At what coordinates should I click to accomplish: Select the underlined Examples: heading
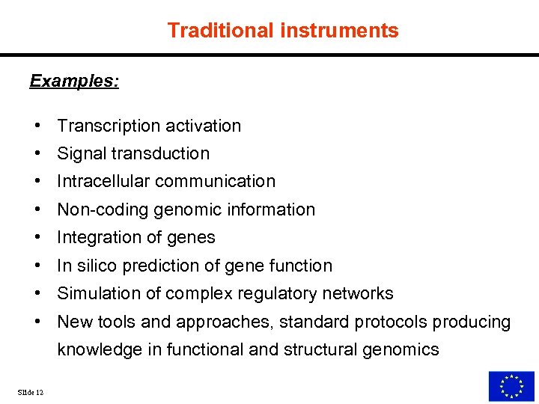coord(74,81)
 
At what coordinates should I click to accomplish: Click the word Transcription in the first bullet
coord(108,126)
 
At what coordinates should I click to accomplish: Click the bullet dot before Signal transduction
coord(36,153)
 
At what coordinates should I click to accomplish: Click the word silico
coord(97,266)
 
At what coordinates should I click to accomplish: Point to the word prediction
coord(160,266)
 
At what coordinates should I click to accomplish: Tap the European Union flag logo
coord(511,386)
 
